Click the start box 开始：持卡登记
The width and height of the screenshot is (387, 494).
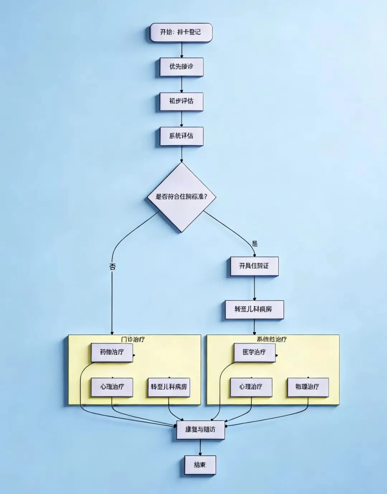(181, 33)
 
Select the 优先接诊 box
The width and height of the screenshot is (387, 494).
(181, 67)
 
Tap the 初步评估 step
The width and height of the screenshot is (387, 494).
(181, 101)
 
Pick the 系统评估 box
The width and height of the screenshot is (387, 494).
(181, 136)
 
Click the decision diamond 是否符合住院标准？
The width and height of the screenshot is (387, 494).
(182, 197)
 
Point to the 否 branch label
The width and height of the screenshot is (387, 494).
(112, 266)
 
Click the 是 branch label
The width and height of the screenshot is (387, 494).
(254, 244)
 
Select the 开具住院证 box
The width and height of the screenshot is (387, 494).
(254, 266)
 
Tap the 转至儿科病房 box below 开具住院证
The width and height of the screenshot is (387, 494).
(254, 309)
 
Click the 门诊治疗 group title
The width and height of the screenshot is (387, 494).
(133, 339)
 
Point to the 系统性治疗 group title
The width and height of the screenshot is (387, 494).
(272, 339)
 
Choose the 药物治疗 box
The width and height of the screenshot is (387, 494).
(112, 352)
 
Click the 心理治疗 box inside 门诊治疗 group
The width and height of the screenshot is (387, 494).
(112, 387)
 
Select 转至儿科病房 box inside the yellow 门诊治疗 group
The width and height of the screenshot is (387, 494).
(169, 387)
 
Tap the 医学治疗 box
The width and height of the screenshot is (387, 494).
(254, 352)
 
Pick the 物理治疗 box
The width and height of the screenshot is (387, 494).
(308, 387)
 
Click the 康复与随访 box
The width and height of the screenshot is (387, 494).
(200, 430)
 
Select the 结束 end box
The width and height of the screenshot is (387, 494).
(200, 465)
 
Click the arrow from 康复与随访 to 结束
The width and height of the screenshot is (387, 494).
(200, 448)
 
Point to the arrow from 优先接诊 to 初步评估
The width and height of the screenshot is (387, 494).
(182, 85)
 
